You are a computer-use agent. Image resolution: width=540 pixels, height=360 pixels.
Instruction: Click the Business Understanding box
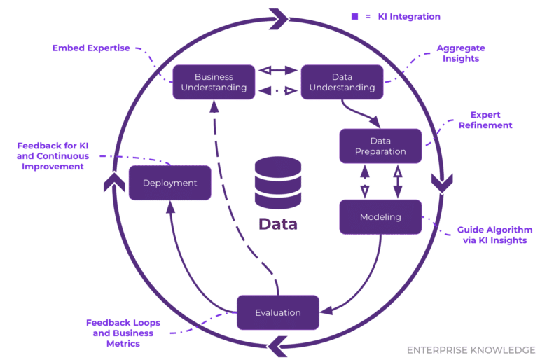[x=214, y=82]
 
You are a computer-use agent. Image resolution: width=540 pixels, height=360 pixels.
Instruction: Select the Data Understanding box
[x=342, y=82]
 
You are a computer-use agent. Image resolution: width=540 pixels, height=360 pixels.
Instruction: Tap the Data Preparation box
[x=380, y=146]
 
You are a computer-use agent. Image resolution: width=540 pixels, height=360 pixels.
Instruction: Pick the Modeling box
[x=380, y=216]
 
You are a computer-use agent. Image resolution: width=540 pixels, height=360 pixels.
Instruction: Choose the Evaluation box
[x=277, y=312]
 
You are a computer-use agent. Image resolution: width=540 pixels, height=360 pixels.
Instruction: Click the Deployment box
[x=169, y=183]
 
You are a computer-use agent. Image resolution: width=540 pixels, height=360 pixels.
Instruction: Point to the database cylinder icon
[x=277, y=183]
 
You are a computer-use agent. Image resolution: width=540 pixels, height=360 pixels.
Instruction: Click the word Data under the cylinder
[x=277, y=224]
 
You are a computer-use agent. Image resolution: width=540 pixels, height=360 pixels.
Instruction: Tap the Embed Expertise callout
[x=91, y=48]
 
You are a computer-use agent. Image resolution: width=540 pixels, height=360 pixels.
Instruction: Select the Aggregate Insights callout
[x=460, y=53]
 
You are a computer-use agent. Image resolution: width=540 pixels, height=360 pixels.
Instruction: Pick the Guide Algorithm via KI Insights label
[x=494, y=235]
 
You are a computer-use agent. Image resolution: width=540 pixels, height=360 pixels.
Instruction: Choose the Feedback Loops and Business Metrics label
[x=123, y=333]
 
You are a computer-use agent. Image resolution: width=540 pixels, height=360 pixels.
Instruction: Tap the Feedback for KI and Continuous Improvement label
[x=53, y=156]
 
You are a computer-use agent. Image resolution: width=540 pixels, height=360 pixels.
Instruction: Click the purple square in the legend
[x=354, y=16]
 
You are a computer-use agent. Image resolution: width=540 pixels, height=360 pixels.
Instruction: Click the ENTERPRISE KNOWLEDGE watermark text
[x=471, y=349]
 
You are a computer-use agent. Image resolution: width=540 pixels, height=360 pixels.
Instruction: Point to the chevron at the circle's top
[x=278, y=15]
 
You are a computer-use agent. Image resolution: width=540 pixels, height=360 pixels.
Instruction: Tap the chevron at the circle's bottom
[x=277, y=345]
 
